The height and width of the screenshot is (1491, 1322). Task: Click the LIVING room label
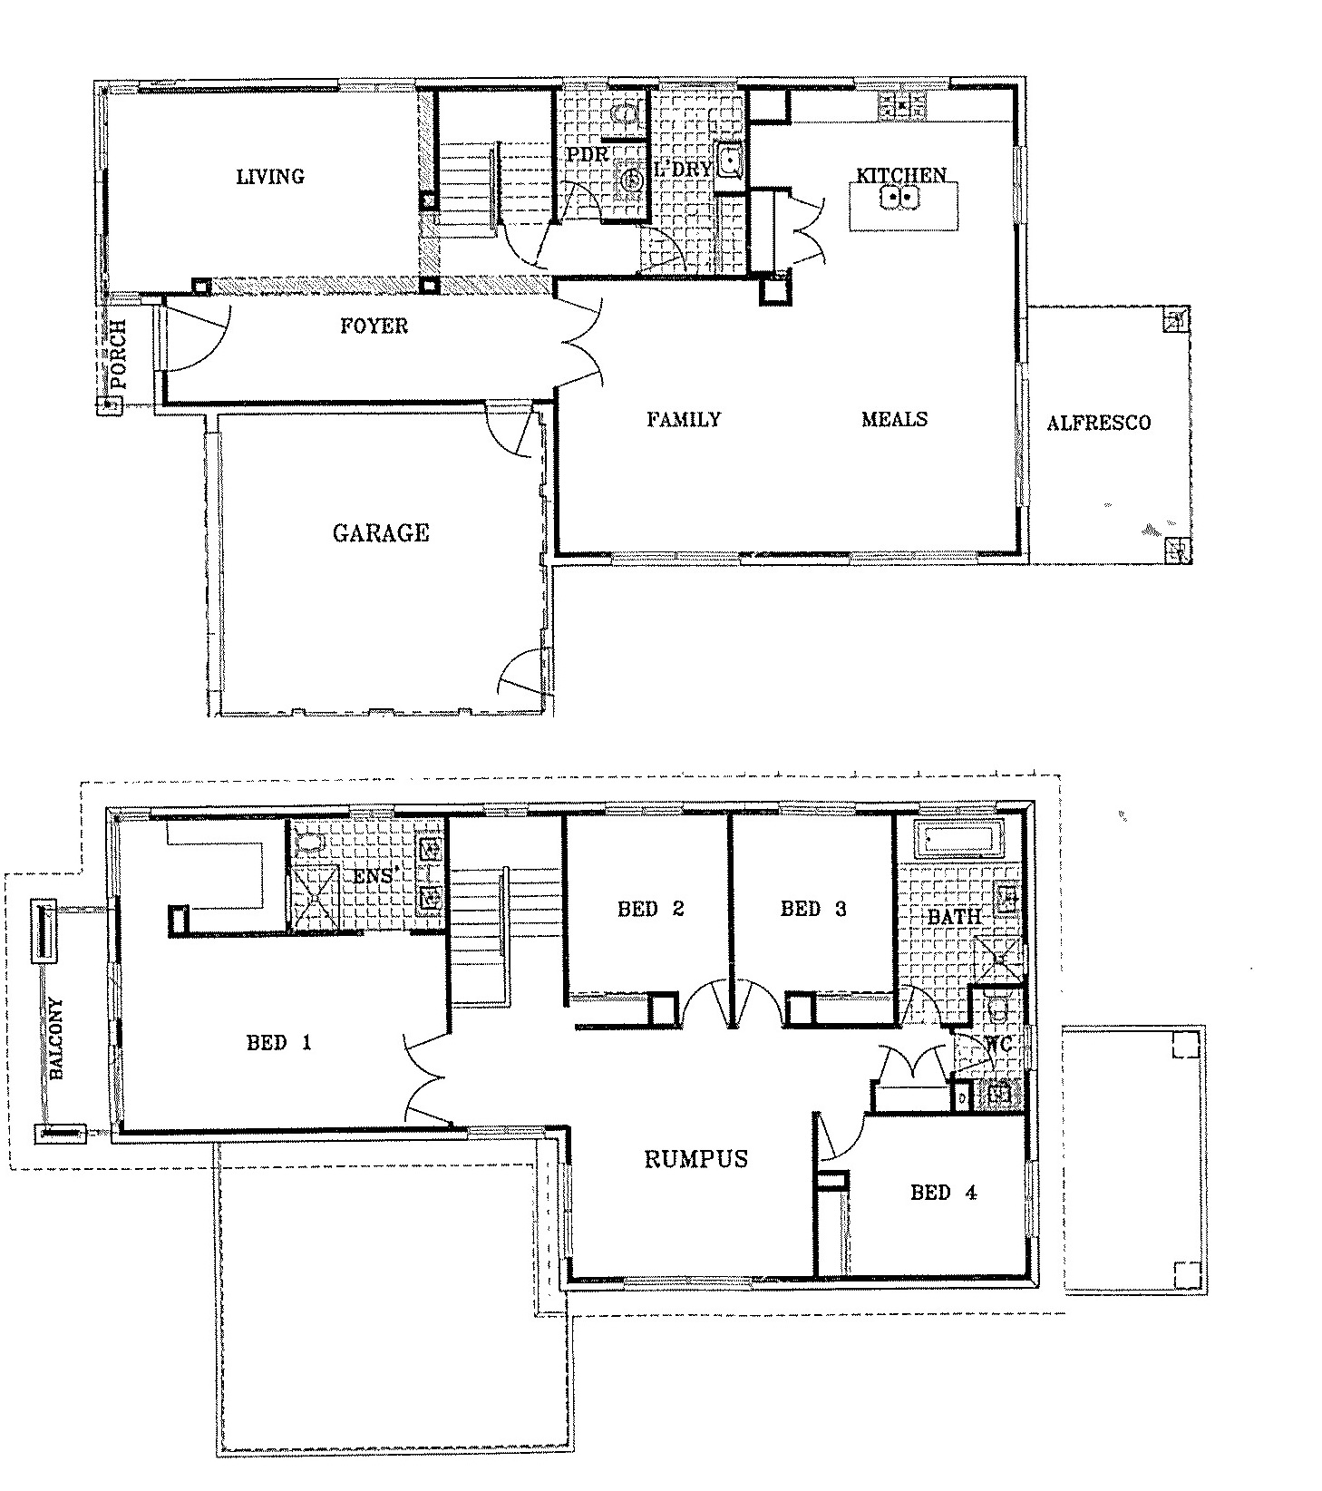(x=270, y=177)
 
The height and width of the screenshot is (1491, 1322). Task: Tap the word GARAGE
(x=380, y=532)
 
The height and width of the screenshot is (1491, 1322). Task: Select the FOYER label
(x=374, y=326)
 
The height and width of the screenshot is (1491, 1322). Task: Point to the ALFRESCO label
(x=1098, y=423)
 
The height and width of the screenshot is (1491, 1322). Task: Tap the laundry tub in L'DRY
(x=728, y=161)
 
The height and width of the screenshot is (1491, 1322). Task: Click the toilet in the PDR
(x=624, y=112)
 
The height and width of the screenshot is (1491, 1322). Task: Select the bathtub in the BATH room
(x=960, y=840)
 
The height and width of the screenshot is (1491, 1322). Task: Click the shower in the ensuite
(x=314, y=898)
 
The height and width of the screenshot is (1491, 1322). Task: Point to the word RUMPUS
(x=696, y=1158)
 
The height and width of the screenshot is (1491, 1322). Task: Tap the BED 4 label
(x=943, y=1192)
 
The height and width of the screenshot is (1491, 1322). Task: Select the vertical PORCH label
(x=118, y=355)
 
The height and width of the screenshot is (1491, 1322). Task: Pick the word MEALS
(x=894, y=419)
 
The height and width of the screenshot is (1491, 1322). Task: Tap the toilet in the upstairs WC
(x=996, y=1009)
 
